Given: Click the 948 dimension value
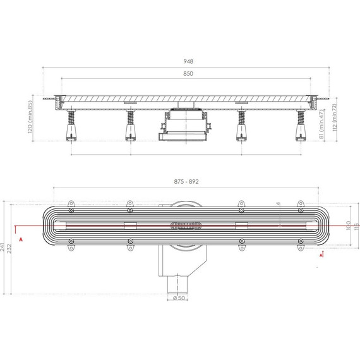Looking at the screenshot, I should tap(188, 61).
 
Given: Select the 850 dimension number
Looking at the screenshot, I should tap(188, 73).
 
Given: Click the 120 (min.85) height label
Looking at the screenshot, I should tap(47, 123).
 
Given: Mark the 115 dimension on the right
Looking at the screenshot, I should tap(355, 225).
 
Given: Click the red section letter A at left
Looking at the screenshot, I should tap(22, 239).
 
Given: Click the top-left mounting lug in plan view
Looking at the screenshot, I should tap(72, 205).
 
